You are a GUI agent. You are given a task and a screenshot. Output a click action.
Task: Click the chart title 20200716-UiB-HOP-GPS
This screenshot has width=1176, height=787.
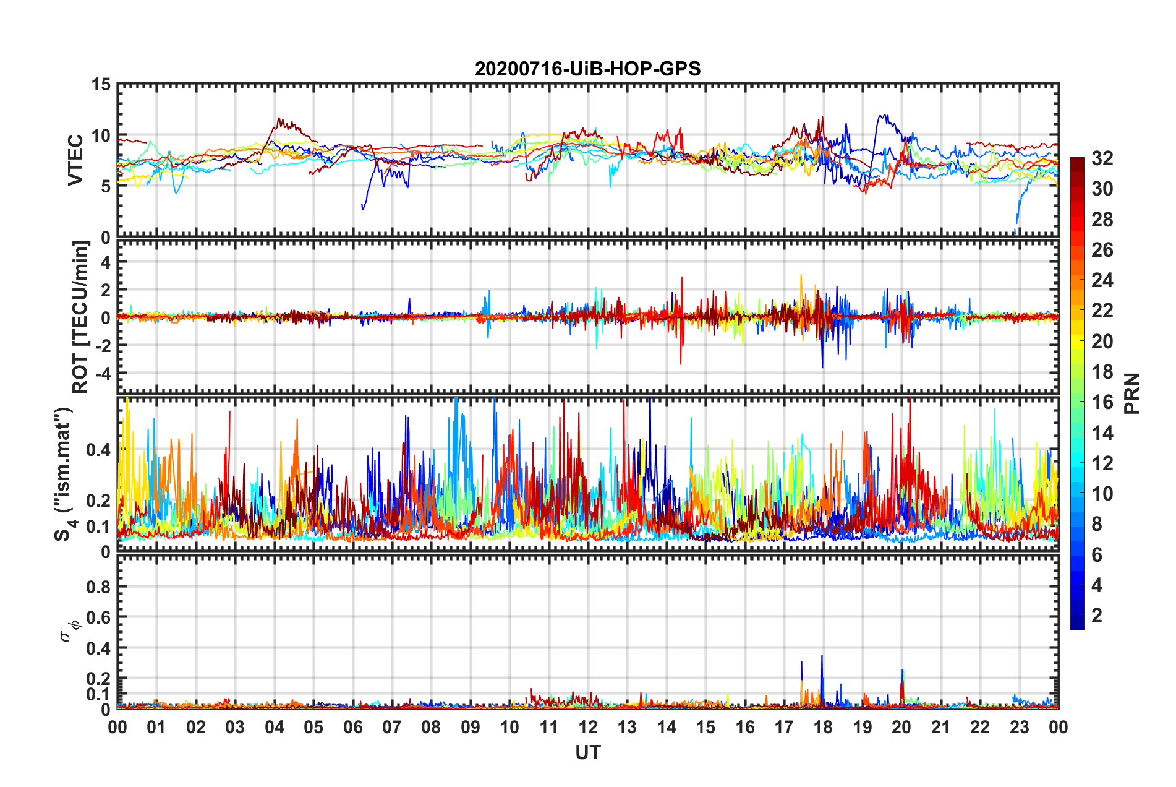pyautogui.click(x=587, y=69)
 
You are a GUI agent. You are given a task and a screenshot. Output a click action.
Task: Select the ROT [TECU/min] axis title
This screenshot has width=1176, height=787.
pyautogui.click(x=80, y=317)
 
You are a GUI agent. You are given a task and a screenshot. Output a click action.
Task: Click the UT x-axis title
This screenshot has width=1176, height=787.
pyautogui.click(x=587, y=752)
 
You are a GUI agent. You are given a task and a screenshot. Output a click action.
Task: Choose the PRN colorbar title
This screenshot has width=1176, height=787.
pyautogui.click(x=1131, y=393)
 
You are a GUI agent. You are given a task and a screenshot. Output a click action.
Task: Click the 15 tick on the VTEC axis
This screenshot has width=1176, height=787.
pyautogui.click(x=100, y=85)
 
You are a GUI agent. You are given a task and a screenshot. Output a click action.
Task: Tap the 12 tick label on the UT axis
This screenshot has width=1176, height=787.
pyautogui.click(x=587, y=727)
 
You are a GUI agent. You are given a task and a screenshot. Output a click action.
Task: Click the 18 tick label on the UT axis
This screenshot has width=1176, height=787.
pyautogui.click(x=823, y=727)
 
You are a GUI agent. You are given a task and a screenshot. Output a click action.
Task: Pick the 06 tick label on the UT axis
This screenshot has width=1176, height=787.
pyautogui.click(x=352, y=727)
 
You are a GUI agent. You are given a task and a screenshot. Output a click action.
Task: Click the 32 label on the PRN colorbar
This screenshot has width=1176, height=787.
pyautogui.click(x=1102, y=158)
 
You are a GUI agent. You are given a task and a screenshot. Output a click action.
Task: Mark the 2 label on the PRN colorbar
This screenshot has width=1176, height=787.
pyautogui.click(x=1097, y=615)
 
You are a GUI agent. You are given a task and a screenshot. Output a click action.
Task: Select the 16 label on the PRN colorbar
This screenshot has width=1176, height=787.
pyautogui.click(x=1102, y=402)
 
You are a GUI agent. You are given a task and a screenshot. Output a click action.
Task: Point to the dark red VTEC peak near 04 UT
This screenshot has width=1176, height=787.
pyautogui.click(x=279, y=119)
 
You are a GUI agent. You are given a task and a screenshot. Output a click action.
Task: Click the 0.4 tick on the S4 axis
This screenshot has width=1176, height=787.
pyautogui.click(x=98, y=450)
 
